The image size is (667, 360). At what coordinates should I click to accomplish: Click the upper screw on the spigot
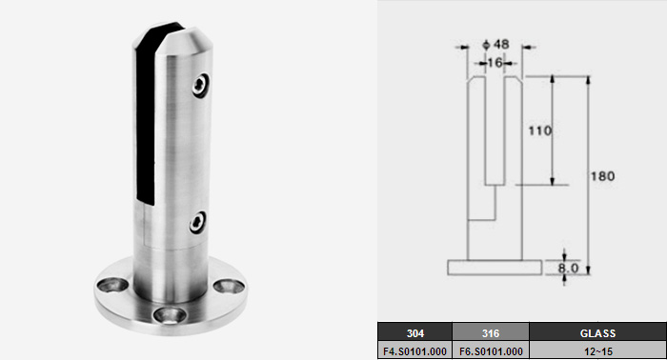point(200,85)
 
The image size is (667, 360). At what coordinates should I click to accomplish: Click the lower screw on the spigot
point(197,222)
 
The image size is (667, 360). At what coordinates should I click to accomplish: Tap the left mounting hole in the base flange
point(112,285)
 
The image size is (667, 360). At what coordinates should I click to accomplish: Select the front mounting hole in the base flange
point(170,315)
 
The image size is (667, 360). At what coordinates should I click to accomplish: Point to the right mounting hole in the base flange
point(229,286)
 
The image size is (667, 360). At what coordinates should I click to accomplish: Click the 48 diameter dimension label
point(496,44)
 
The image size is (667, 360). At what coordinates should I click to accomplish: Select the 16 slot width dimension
point(495,63)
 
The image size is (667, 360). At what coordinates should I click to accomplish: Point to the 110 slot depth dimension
point(540,130)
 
